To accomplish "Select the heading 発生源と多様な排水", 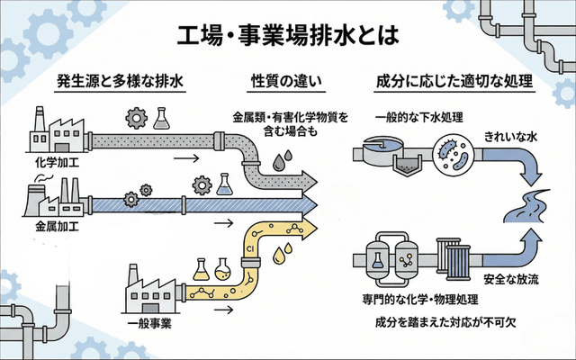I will pyautogui.click(x=121, y=82).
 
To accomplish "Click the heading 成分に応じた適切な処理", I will pyautogui.click(x=454, y=82).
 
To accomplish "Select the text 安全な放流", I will pyautogui.click(x=510, y=277).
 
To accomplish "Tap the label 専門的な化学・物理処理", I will pyautogui.click(x=420, y=298).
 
